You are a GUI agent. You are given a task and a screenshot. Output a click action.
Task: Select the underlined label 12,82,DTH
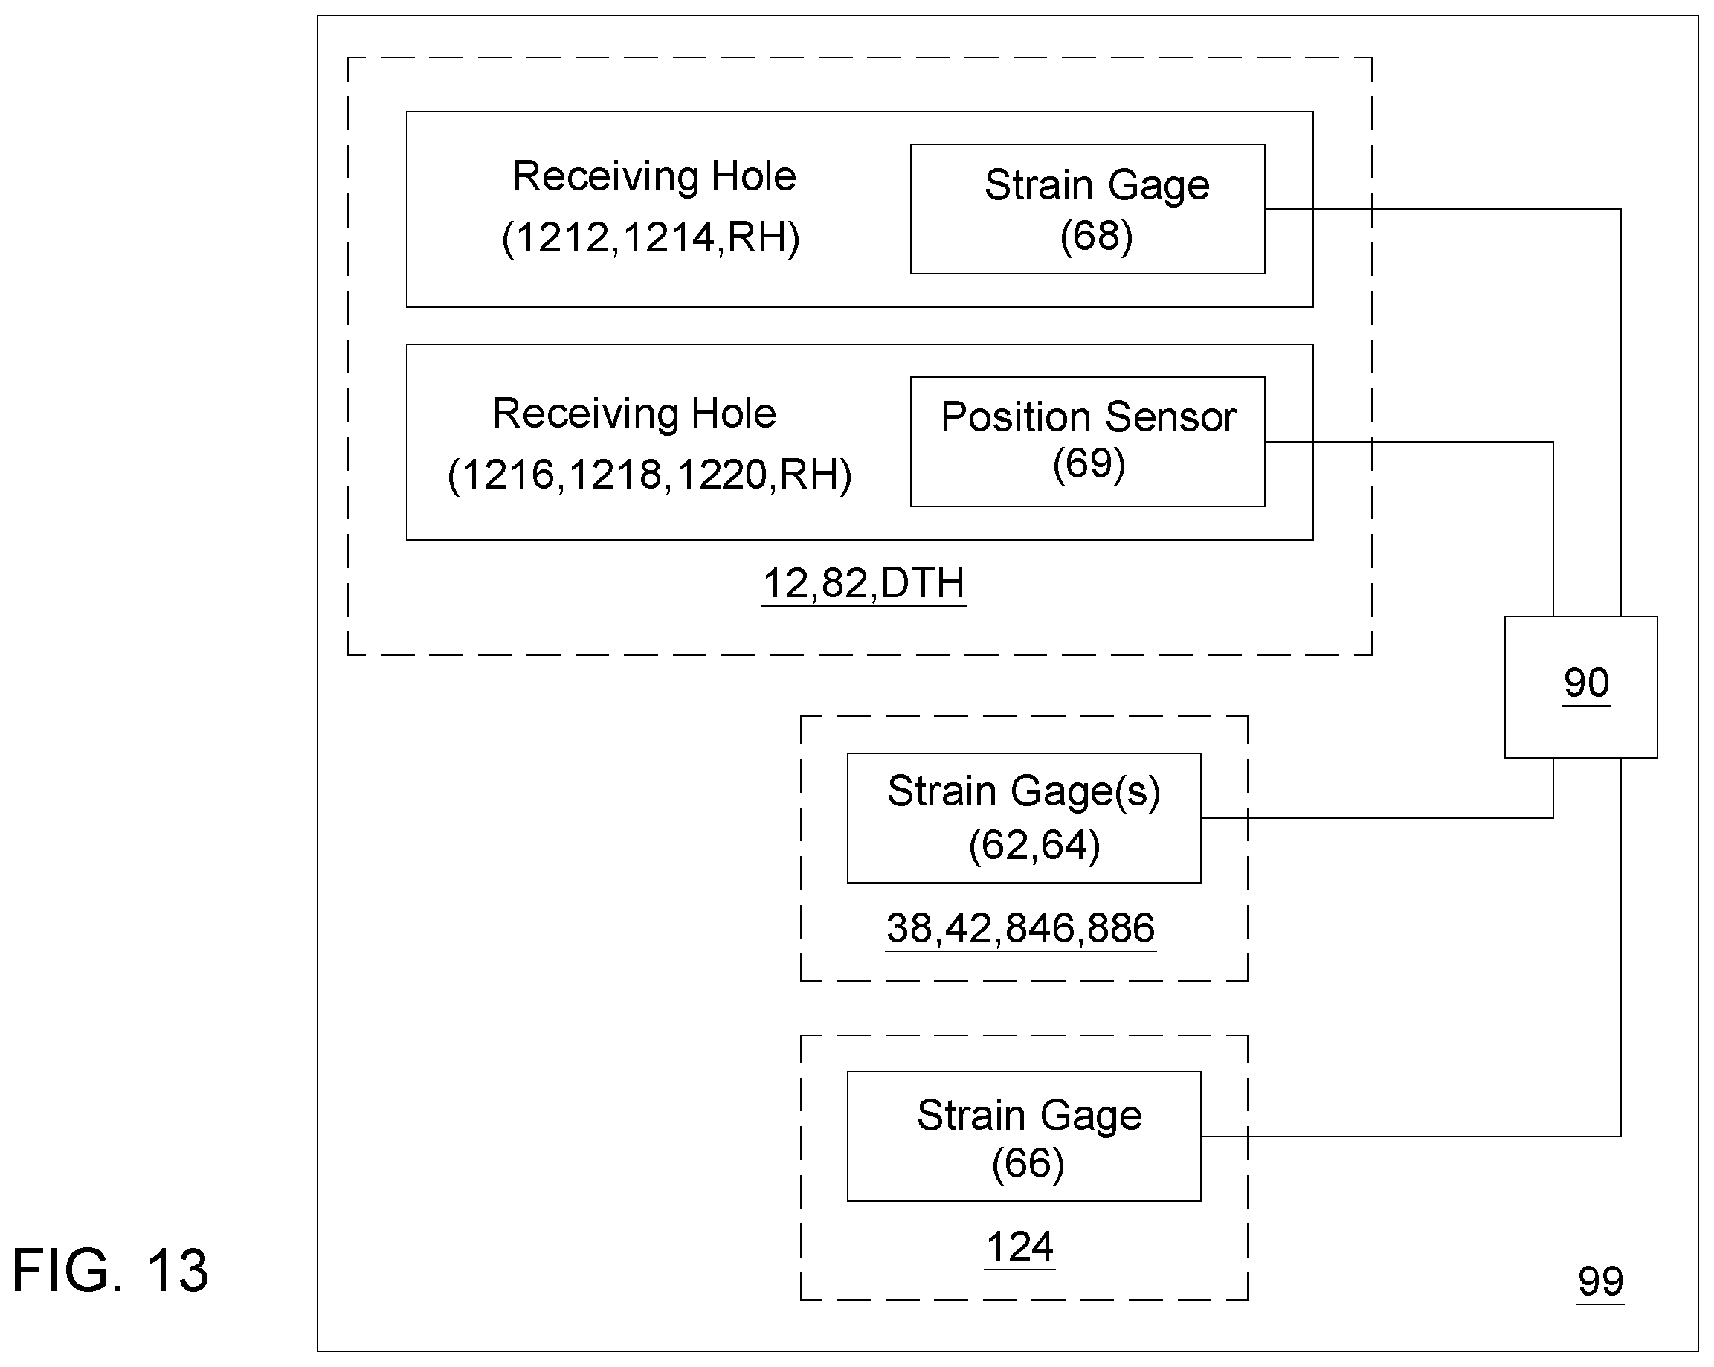pyautogui.click(x=863, y=584)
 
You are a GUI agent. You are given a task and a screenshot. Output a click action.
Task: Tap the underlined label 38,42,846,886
pyautogui.click(x=1020, y=928)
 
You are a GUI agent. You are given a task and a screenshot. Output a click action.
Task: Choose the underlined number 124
pyautogui.click(x=1019, y=1247)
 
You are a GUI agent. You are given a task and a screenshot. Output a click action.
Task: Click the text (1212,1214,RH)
pyautogui.click(x=651, y=238)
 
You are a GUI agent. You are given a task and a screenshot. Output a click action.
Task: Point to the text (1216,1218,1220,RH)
pyautogui.click(x=649, y=475)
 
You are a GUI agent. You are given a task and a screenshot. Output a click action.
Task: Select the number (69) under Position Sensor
pyautogui.click(x=1089, y=463)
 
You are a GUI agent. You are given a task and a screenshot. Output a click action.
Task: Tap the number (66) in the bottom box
pyautogui.click(x=1027, y=1164)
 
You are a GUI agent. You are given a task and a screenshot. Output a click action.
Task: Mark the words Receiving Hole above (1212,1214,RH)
pyautogui.click(x=654, y=176)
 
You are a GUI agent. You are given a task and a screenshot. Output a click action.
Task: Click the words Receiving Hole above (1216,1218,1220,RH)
pyautogui.click(x=634, y=414)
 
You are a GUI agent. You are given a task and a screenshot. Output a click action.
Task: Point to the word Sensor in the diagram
pyautogui.click(x=1170, y=417)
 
